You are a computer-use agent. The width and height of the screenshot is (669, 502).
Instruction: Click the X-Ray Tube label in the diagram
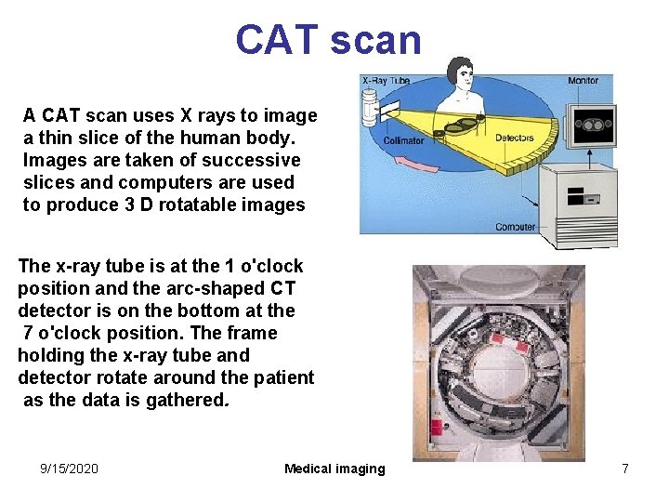coord(385,82)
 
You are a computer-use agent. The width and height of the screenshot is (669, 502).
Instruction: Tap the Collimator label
coord(403,141)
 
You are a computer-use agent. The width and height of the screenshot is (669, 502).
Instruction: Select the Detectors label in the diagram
coord(514,138)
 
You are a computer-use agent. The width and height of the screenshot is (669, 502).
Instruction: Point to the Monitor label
coord(583,81)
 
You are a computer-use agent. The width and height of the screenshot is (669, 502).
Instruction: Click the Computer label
coord(515,226)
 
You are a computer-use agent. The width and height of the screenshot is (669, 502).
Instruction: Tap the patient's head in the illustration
coord(459,72)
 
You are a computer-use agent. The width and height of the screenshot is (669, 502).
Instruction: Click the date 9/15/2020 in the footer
coord(69,469)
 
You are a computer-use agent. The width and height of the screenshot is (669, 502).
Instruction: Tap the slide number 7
coord(625,469)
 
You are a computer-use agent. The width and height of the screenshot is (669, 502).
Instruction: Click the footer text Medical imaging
coord(334,469)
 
